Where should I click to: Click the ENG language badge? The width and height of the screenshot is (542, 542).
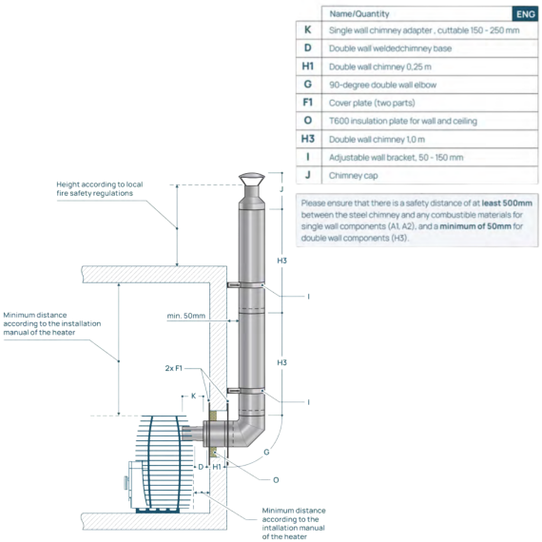526,14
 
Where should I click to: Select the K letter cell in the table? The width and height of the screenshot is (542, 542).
308,30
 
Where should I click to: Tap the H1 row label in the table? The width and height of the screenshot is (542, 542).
308,66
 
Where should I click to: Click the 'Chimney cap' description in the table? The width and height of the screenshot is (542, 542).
354,176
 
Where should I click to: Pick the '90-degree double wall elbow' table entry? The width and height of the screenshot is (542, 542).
382,85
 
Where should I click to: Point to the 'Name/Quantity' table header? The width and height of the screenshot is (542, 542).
359,14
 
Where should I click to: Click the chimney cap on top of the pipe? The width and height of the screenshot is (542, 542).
252,180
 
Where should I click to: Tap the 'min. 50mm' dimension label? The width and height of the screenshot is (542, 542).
186,316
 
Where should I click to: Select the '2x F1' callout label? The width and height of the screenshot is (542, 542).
173,368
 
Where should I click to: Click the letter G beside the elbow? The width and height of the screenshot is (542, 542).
266,452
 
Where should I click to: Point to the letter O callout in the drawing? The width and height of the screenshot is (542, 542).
276,480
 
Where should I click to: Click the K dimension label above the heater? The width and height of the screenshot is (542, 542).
194,396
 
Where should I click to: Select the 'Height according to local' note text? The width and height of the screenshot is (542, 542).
100,184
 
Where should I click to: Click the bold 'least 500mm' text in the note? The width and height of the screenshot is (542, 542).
507,203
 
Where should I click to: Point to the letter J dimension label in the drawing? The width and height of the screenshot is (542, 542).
281,189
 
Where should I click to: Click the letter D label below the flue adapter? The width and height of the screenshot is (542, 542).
201,467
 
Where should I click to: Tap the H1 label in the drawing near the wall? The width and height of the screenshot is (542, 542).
217,467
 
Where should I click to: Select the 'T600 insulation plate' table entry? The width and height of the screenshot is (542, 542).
403,121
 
